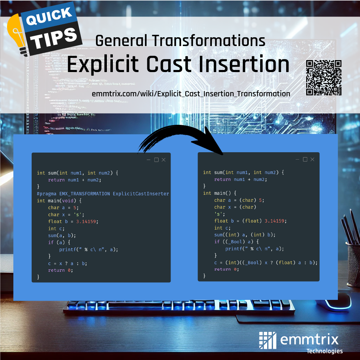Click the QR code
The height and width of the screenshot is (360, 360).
click(x=324, y=78)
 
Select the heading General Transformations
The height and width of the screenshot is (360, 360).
click(x=180, y=41)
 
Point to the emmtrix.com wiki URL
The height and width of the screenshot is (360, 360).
click(x=191, y=94)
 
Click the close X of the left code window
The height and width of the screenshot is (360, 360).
click(x=163, y=160)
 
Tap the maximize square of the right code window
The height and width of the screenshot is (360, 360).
click(x=305, y=159)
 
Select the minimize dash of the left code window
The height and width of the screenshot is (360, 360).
click(x=149, y=160)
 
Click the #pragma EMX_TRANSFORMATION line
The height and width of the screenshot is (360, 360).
click(x=103, y=194)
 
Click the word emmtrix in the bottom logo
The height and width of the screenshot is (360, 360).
click(x=309, y=340)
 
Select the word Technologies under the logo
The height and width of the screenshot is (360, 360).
click(x=324, y=351)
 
